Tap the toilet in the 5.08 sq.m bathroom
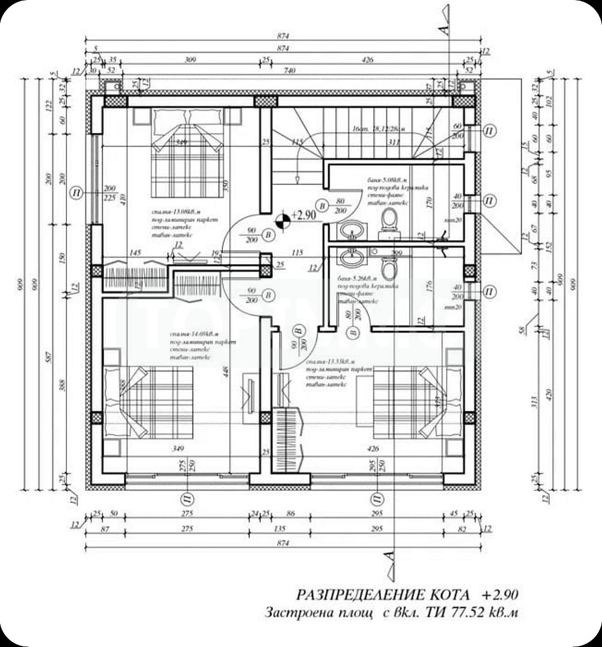click(389, 219)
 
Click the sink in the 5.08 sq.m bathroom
click(352, 229)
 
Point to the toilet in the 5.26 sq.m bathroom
click(389, 268)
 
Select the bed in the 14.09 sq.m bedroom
click(150, 403)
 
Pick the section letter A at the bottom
click(389, 555)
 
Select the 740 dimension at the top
click(288, 71)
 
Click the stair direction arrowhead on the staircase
click(298, 179)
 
